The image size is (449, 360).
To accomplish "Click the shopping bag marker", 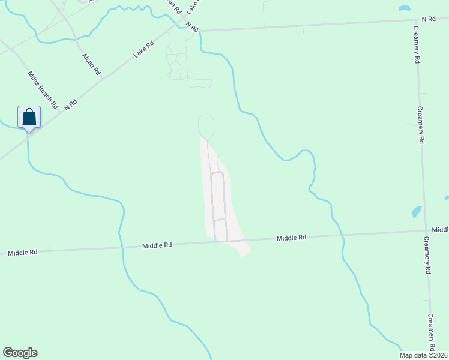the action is [29, 117].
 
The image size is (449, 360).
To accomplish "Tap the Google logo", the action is [20, 353].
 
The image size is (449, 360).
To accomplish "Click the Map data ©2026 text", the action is [423, 355].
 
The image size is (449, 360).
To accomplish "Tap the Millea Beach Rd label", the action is [42, 89].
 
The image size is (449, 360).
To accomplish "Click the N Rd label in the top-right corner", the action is [428, 19].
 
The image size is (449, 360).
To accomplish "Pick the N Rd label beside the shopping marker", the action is [70, 104].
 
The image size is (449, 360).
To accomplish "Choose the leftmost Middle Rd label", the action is [23, 253].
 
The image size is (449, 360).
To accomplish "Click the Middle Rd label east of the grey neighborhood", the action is [291, 238].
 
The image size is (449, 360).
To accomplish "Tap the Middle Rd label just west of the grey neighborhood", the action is [157, 245].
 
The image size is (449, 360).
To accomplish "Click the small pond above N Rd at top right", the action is [405, 9].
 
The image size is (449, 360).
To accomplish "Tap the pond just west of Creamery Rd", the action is [416, 212].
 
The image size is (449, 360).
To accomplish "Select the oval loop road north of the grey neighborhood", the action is [206, 127].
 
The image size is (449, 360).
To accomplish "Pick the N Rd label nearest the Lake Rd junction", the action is [191, 26].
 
